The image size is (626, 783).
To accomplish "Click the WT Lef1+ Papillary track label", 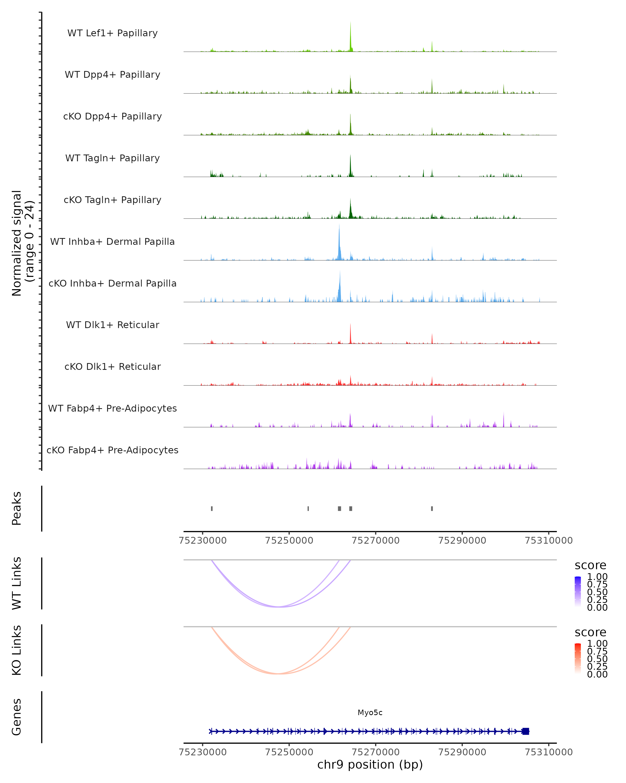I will (x=112, y=33).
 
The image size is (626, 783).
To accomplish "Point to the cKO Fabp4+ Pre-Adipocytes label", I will (x=112, y=450).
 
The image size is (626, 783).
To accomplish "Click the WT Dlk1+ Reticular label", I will (x=112, y=325).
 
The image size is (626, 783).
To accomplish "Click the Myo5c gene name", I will (x=370, y=713).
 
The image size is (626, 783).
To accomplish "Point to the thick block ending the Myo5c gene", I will (x=526, y=731).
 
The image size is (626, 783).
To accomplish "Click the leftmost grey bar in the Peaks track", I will (x=212, y=508).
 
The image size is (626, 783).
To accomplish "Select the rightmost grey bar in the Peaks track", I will (x=432, y=508).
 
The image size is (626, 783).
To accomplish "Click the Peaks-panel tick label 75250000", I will (x=289, y=541).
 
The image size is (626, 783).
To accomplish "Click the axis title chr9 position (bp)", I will (x=370, y=764).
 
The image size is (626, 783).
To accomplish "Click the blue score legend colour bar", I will (x=578, y=592).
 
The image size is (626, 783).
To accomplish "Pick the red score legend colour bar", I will (x=578, y=659).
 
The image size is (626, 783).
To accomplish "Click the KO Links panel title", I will (x=16, y=650).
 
